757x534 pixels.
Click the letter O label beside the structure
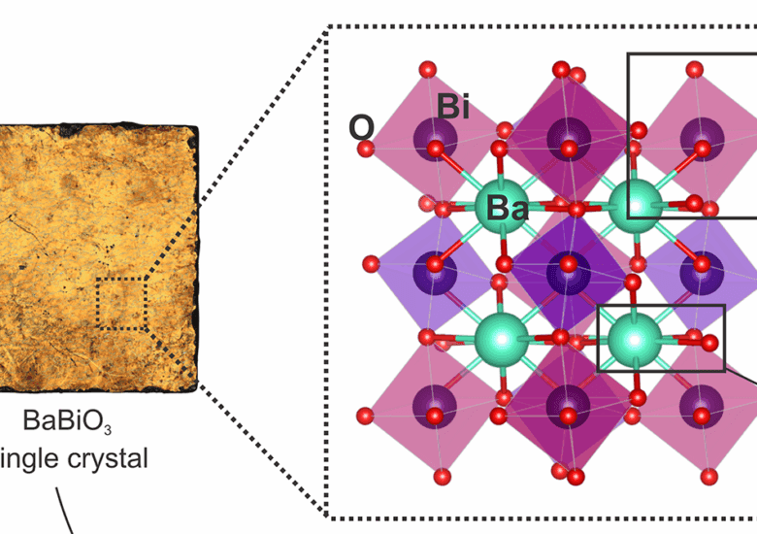[361, 127]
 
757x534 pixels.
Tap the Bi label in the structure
[453, 107]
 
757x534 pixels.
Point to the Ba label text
[508, 207]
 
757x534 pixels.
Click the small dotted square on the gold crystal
[121, 304]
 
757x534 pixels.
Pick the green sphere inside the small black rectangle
[635, 338]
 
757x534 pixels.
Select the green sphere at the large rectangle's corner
[635, 201]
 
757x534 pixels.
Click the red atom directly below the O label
[366, 149]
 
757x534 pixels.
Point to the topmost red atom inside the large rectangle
[694, 69]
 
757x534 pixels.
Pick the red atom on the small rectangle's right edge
[711, 343]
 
